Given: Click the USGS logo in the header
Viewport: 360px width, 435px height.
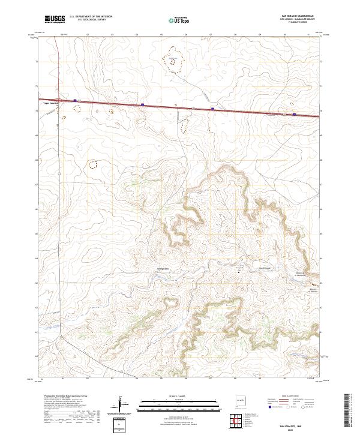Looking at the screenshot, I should point(54,19).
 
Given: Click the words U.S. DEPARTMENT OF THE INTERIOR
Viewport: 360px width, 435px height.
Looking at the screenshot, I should point(91,17).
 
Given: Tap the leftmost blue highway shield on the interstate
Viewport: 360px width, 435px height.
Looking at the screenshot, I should point(75,101).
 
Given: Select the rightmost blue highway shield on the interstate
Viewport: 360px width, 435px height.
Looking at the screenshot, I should point(294,113).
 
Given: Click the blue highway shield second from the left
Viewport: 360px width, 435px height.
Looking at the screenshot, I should point(142,104).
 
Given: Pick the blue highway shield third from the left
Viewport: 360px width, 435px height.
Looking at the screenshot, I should point(213,109).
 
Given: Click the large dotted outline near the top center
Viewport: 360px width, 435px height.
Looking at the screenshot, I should point(174,58).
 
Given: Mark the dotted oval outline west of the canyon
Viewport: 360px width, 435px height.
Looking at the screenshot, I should point(93,163).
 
